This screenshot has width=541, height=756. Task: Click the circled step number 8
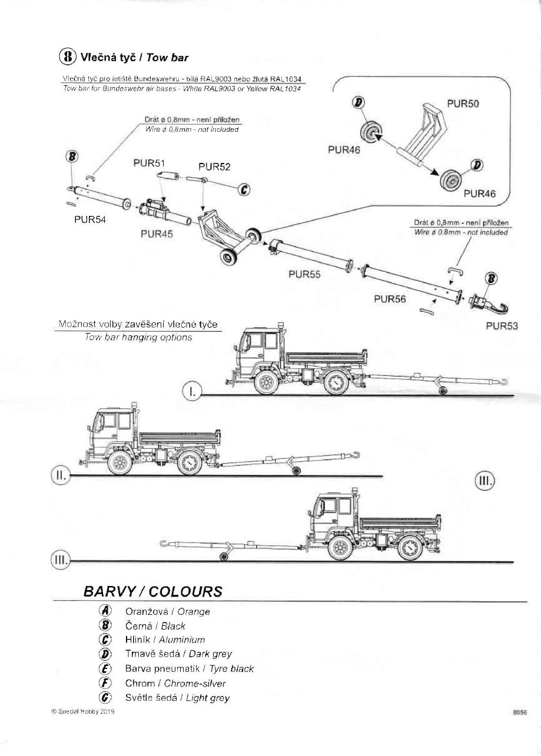(x=68, y=56)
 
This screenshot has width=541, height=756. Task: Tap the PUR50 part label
(x=463, y=104)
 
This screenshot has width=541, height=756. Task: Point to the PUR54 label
(x=90, y=219)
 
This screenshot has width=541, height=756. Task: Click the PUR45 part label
(x=157, y=234)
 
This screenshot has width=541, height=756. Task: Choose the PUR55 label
(x=304, y=274)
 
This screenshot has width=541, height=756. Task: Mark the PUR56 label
(x=390, y=298)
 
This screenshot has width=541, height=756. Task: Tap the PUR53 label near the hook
(x=502, y=326)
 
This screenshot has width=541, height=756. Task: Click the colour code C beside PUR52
(x=243, y=189)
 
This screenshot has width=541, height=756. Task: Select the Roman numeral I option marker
(x=192, y=390)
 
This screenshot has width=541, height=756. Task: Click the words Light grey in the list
(x=208, y=698)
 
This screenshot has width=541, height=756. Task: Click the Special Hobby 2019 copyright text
(x=83, y=711)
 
